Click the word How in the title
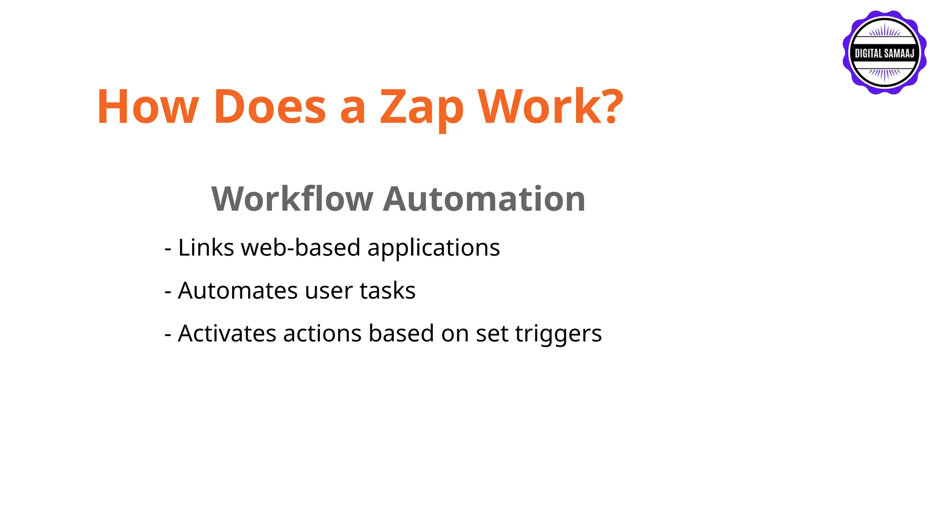tap(147, 107)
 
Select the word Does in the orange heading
tap(270, 107)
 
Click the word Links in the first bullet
tap(206, 248)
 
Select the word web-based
tap(301, 248)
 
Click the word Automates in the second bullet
tap(238, 291)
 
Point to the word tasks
tap(388, 291)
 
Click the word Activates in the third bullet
tap(227, 333)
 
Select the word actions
tap(322, 333)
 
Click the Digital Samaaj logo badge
tap(884, 53)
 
